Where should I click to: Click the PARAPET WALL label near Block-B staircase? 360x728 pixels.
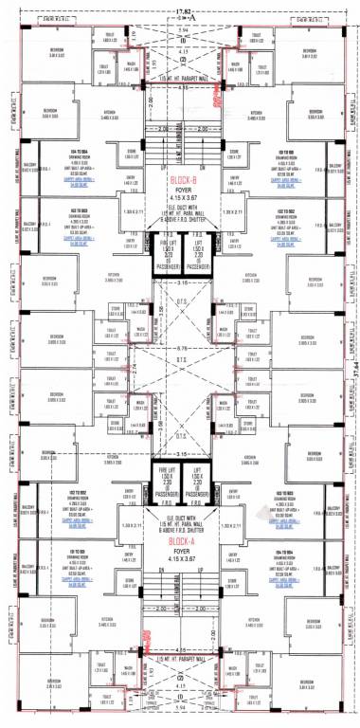179,77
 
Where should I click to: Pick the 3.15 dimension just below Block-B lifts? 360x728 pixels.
179,282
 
